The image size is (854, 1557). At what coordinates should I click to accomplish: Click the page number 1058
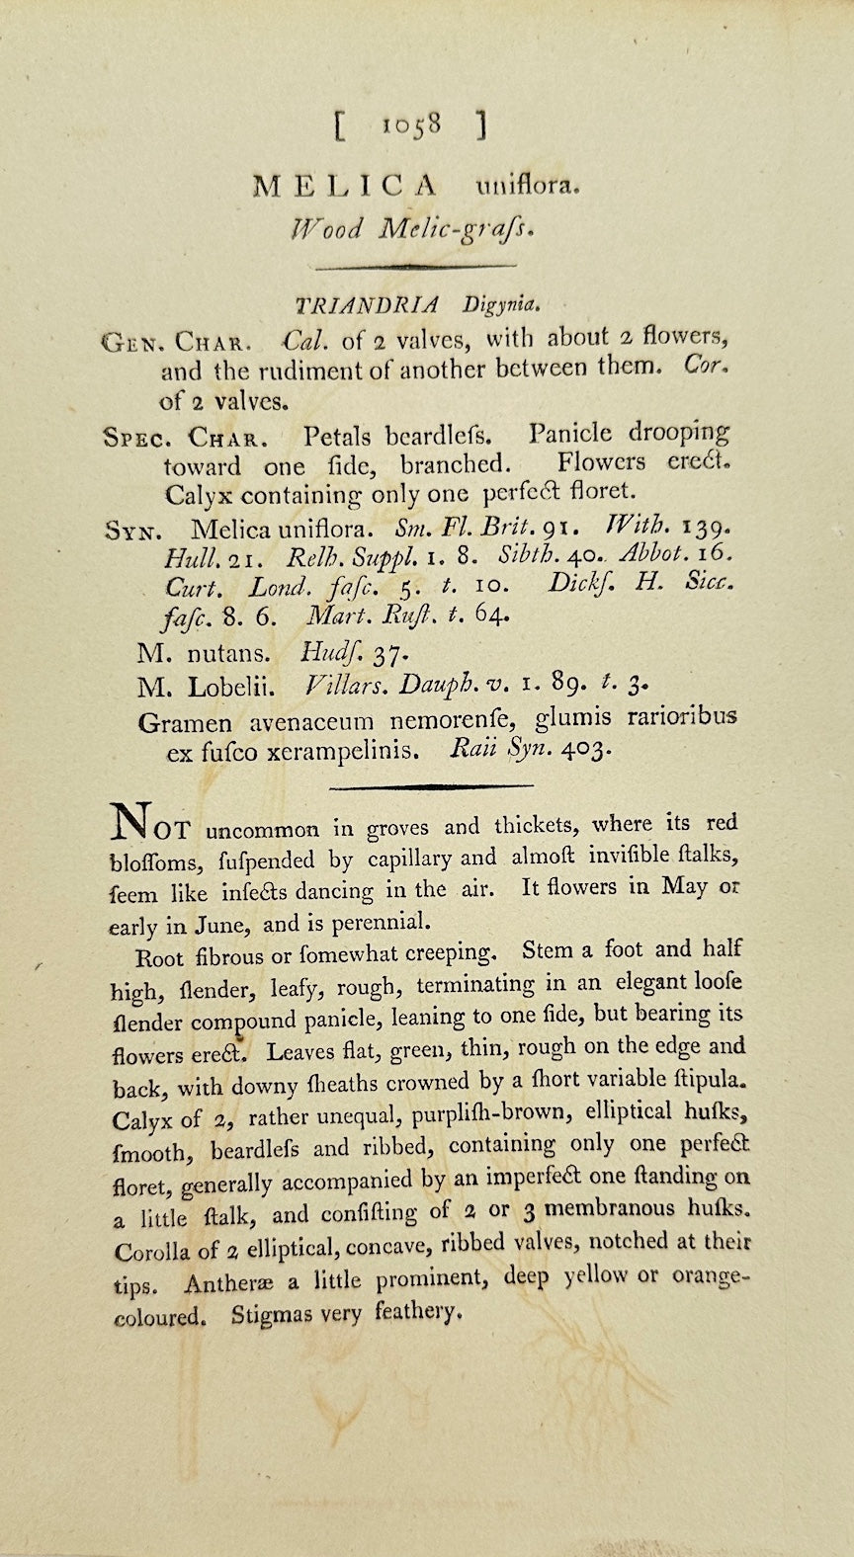[410, 125]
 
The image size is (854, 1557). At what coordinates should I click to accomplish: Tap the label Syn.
[128, 531]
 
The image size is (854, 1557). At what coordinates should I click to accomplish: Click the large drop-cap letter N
[131, 818]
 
